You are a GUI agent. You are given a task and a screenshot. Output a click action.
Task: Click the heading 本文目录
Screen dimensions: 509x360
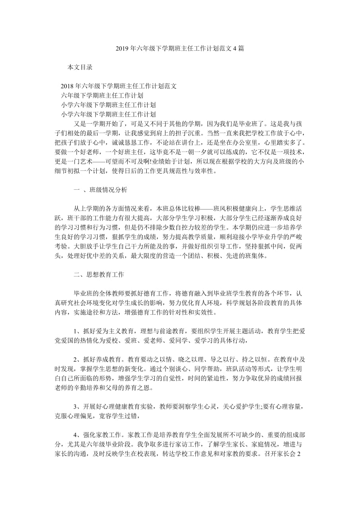tap(80, 67)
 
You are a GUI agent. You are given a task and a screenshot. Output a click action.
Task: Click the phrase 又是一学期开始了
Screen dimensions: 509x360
tap(99, 124)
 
